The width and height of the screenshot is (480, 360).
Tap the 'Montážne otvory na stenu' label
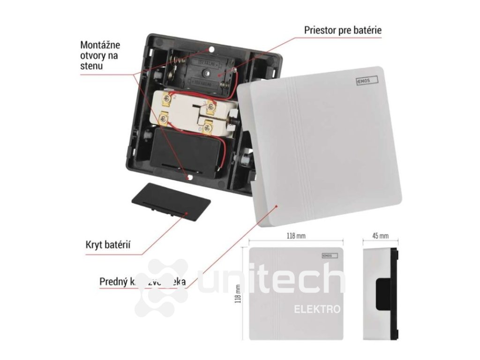coord(100,55)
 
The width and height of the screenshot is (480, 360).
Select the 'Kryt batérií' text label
coord(108,244)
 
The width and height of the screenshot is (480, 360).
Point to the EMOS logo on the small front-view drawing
coord(327,255)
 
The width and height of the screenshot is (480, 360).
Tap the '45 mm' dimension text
coord(381,235)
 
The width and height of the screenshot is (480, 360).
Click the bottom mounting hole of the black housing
coord(189,178)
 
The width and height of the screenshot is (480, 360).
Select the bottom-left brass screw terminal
coord(163,118)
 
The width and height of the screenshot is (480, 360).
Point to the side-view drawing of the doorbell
coord(381,292)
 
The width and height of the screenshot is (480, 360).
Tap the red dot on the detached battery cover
coord(187,213)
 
